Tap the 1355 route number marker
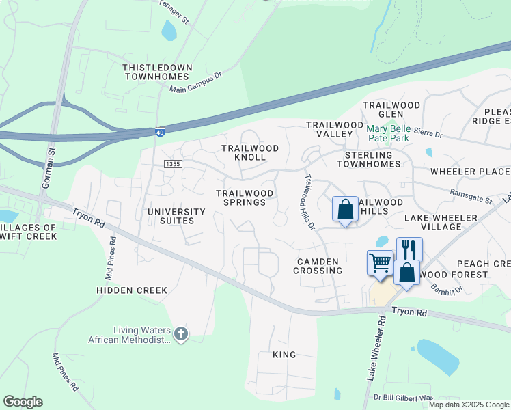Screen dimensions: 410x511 pyautogui.click(x=174, y=164)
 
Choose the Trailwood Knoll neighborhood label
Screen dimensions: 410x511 pyautogui.click(x=250, y=152)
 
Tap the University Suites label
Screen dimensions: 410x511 pyautogui.click(x=176, y=216)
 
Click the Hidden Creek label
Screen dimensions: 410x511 pyautogui.click(x=132, y=290)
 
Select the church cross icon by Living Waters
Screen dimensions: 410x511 pyautogui.click(x=180, y=333)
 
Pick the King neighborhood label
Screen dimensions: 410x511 pyautogui.click(x=284, y=355)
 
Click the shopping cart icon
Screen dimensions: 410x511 pyautogui.click(x=380, y=262)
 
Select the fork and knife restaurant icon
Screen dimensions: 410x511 pyautogui.click(x=409, y=249)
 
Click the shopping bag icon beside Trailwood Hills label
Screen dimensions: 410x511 pyautogui.click(x=346, y=208)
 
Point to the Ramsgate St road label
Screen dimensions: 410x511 pyautogui.click(x=471, y=199)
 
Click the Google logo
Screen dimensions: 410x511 pyautogui.click(x=23, y=402)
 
